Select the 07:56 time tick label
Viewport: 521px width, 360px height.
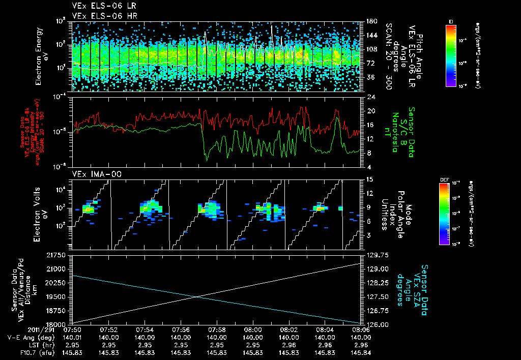[181, 329]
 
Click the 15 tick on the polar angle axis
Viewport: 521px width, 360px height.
[367, 179]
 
